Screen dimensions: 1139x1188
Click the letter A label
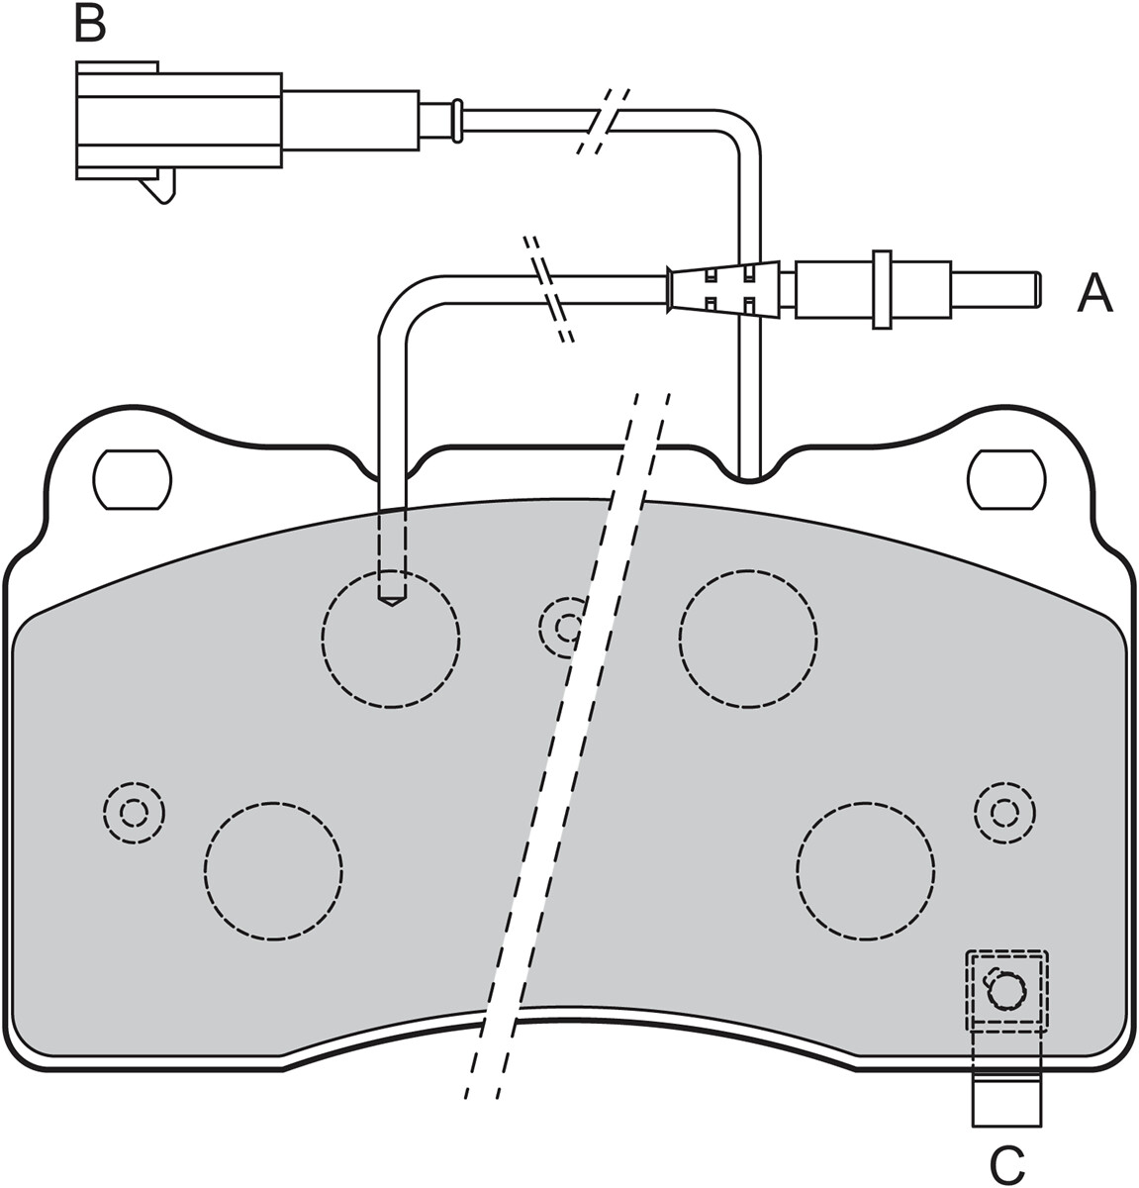click(x=1095, y=294)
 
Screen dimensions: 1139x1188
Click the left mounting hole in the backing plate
click(x=132, y=479)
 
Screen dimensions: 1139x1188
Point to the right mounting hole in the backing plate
click(x=1007, y=479)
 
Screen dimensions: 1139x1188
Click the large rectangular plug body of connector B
click(x=179, y=120)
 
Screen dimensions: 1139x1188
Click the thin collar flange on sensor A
click(x=882, y=290)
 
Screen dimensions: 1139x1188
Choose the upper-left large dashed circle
click(x=391, y=640)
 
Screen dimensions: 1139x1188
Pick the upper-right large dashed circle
click(x=748, y=640)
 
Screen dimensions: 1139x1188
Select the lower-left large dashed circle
click(x=273, y=871)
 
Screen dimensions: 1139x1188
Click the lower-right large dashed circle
click(x=865, y=871)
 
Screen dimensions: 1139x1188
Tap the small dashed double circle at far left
click(x=134, y=813)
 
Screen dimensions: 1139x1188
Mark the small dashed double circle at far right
click(x=1004, y=813)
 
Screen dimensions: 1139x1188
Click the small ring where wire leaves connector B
click(x=458, y=120)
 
